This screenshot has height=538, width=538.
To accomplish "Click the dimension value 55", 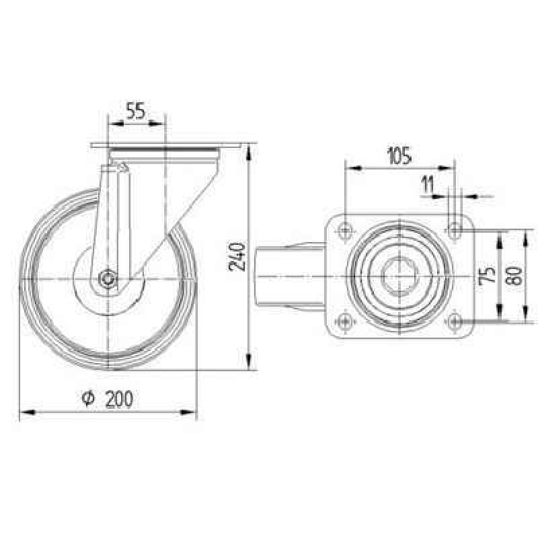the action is (136, 110).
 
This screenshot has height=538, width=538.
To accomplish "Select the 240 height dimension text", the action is (237, 257).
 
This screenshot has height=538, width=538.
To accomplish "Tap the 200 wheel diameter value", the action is (119, 399).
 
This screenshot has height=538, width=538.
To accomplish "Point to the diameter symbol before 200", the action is (89, 398).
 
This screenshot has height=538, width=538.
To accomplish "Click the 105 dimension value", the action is (399, 156).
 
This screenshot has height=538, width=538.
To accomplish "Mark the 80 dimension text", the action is (514, 276).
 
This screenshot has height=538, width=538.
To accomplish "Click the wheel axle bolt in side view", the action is (108, 278).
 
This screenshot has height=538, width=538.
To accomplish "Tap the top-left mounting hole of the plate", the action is (345, 229).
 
